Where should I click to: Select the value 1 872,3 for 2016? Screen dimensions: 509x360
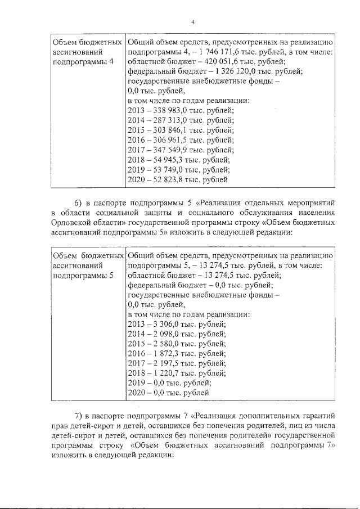170,353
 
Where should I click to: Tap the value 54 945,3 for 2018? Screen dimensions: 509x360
170,160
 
